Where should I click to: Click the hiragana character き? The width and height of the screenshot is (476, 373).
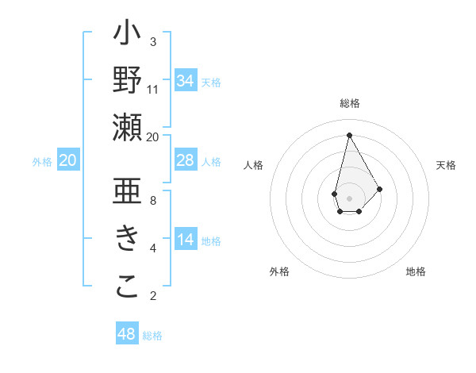128,238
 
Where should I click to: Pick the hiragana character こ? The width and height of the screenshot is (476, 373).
128,286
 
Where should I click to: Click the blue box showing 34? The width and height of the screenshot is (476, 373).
185,81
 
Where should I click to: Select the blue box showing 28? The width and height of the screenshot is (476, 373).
185,160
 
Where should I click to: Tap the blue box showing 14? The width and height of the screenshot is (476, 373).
185,240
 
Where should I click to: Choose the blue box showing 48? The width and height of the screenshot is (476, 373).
127,334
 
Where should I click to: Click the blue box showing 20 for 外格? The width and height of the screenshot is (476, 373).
67,160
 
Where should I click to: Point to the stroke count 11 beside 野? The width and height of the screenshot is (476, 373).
153,89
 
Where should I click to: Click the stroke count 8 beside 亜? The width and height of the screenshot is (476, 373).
153,200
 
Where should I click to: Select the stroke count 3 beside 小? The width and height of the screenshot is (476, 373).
153,41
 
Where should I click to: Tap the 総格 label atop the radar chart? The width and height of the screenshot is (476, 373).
349,103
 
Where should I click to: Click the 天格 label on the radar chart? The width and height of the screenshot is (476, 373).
447,165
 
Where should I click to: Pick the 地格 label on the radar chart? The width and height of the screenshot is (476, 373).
416,271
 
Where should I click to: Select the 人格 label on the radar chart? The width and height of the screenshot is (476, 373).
253,165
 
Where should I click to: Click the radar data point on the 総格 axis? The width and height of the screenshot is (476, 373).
349,134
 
